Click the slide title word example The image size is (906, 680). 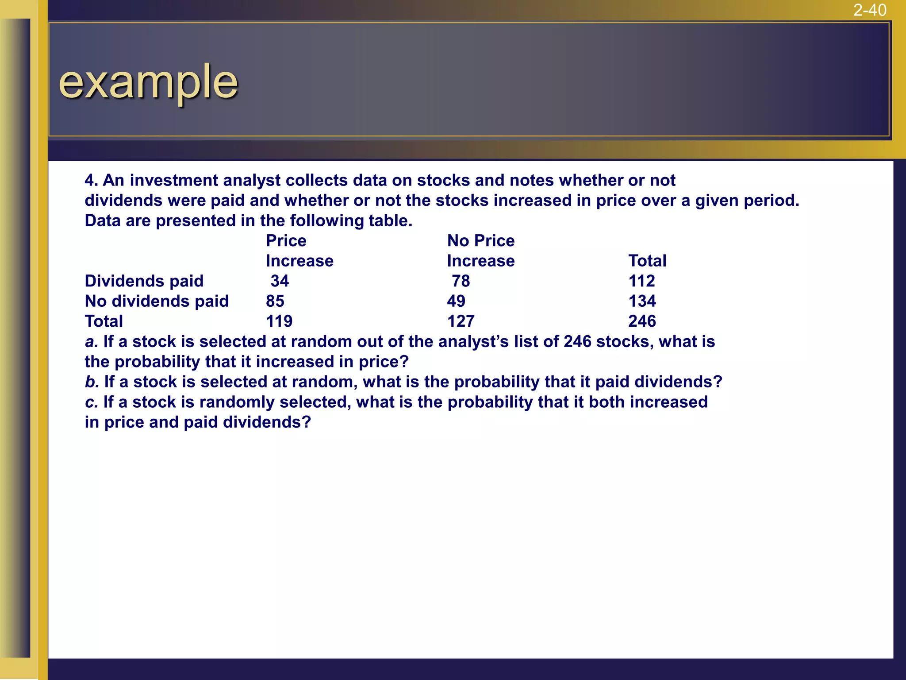click(x=148, y=82)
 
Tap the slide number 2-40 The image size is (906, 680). click(x=869, y=10)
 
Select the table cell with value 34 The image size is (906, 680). click(x=280, y=281)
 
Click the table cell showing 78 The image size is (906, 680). click(x=461, y=281)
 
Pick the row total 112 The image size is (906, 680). click(x=641, y=281)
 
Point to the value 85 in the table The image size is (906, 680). click(x=275, y=301)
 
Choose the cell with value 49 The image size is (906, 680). click(x=456, y=301)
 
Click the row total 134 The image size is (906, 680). click(x=642, y=301)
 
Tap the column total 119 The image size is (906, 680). click(x=279, y=321)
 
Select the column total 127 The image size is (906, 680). click(x=461, y=321)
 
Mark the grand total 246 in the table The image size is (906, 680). click(x=642, y=321)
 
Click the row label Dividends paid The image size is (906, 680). click(x=144, y=281)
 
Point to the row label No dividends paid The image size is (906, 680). click(x=157, y=301)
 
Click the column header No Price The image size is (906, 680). click(x=481, y=241)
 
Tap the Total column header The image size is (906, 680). click(x=647, y=261)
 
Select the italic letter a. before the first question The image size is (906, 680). click(x=91, y=342)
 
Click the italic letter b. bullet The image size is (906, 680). click(x=92, y=382)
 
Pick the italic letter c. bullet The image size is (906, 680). click(x=91, y=402)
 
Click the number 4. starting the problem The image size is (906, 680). click(x=91, y=181)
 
